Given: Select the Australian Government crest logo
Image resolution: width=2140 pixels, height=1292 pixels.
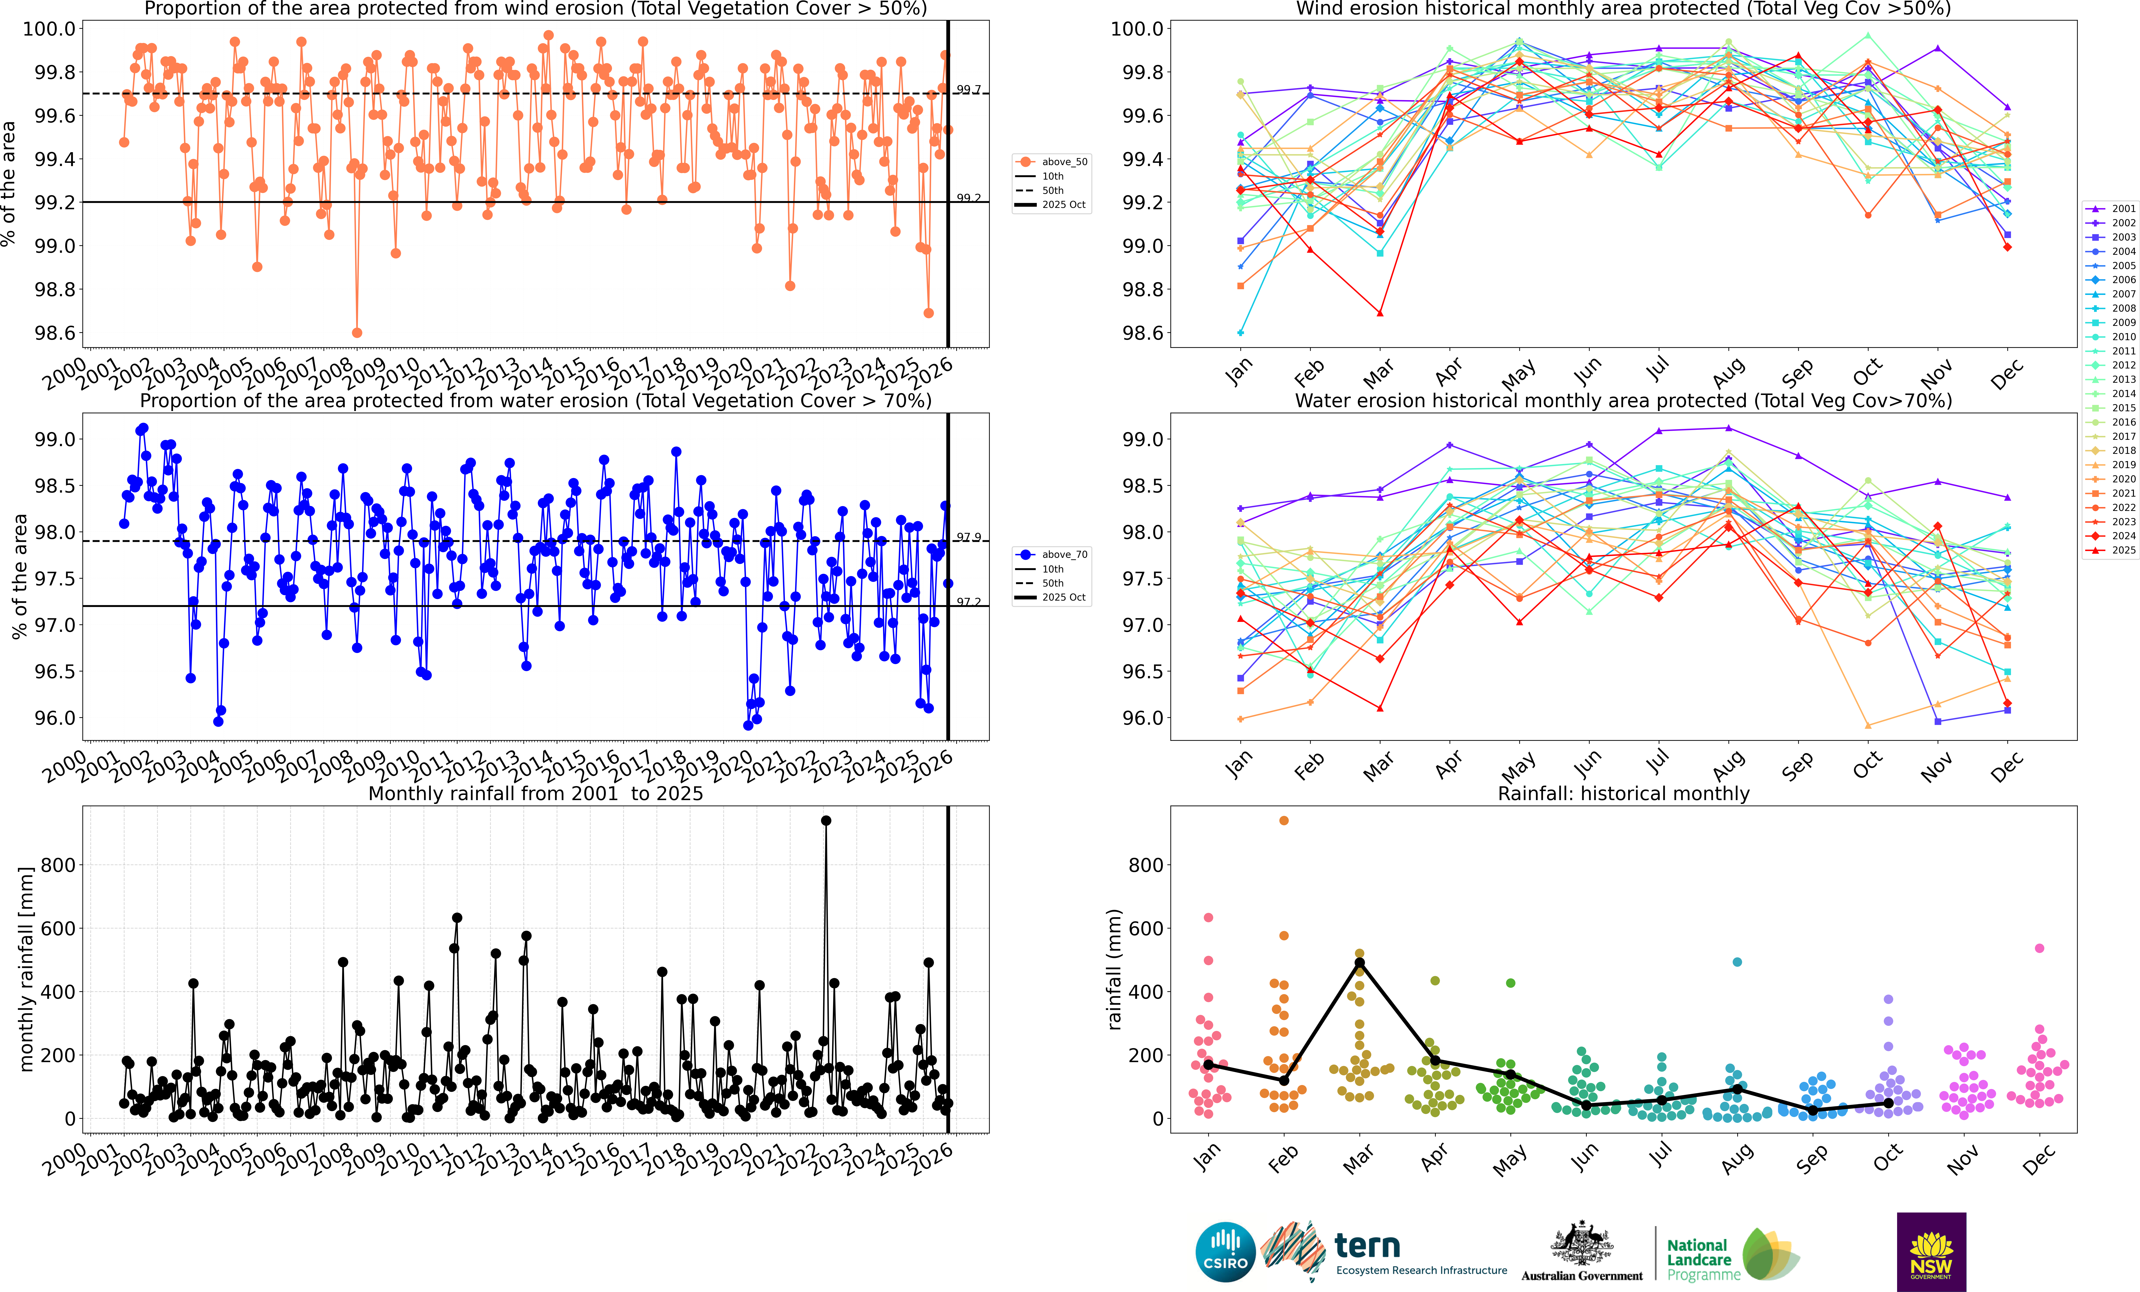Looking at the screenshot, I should pyautogui.click(x=1582, y=1244).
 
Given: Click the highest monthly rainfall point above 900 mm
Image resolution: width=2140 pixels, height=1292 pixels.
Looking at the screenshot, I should pyautogui.click(x=826, y=820).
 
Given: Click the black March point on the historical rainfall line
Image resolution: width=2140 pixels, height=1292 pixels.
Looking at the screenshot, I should pyautogui.click(x=1359, y=963).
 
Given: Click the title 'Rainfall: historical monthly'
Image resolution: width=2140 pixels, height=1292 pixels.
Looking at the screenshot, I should pyautogui.click(x=1623, y=793).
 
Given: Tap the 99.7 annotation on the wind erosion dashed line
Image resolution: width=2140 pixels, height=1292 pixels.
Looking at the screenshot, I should pyautogui.click(x=968, y=89).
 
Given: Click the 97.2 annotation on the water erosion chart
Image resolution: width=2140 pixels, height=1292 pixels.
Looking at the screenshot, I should pyautogui.click(x=968, y=601).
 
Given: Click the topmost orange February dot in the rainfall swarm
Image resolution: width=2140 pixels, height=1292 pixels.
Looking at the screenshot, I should pyautogui.click(x=1284, y=820).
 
